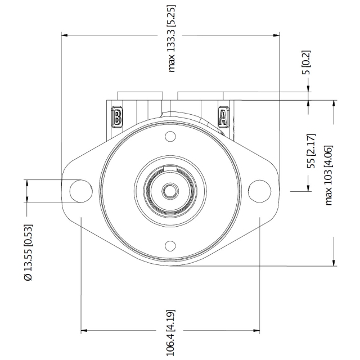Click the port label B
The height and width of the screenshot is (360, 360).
(116, 116)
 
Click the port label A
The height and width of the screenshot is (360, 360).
(223, 116)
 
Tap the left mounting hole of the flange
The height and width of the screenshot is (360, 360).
(81, 191)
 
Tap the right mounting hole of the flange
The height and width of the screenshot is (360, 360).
(259, 191)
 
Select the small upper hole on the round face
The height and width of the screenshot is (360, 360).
(170, 136)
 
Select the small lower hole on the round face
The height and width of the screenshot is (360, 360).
(170, 246)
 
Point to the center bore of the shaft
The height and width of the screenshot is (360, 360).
(170, 191)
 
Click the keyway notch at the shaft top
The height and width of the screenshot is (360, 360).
(170, 168)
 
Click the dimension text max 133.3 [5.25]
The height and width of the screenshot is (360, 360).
(171, 39)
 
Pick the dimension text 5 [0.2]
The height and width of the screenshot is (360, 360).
(306, 62)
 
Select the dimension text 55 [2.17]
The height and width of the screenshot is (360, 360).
(311, 151)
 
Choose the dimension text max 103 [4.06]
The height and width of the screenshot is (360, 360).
(328, 175)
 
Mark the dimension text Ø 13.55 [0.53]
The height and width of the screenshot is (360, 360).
(28, 253)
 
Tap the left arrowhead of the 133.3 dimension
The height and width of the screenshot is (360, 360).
(65, 35)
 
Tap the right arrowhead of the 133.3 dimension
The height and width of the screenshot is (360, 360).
(276, 35)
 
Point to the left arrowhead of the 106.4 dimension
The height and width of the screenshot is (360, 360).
(84, 331)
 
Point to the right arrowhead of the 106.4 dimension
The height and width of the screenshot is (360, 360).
(256, 331)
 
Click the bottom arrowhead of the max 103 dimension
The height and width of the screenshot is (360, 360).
(334, 263)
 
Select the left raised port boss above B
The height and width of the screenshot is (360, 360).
(140, 96)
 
